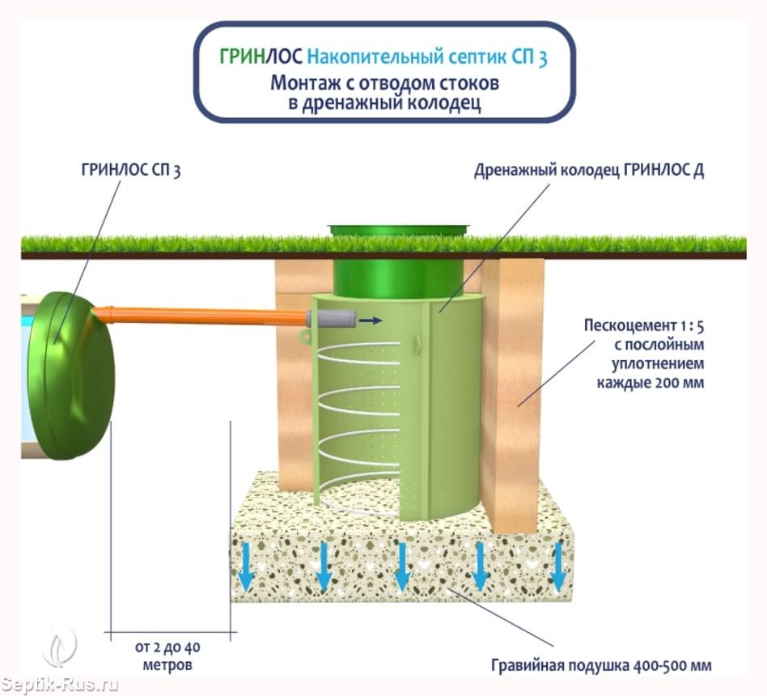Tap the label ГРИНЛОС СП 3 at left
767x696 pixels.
[130, 172]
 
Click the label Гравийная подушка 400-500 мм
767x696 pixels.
[601, 666]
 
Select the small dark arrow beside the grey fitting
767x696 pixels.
[371, 320]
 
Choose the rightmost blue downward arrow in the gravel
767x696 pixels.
[557, 568]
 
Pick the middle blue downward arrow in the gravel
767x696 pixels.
[401, 568]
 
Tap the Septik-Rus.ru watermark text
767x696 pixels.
[60, 684]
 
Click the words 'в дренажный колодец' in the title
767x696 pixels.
[384, 104]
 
